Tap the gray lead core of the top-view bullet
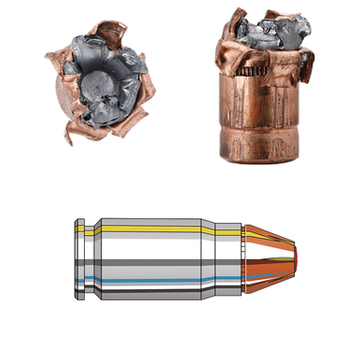pos(97,82)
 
